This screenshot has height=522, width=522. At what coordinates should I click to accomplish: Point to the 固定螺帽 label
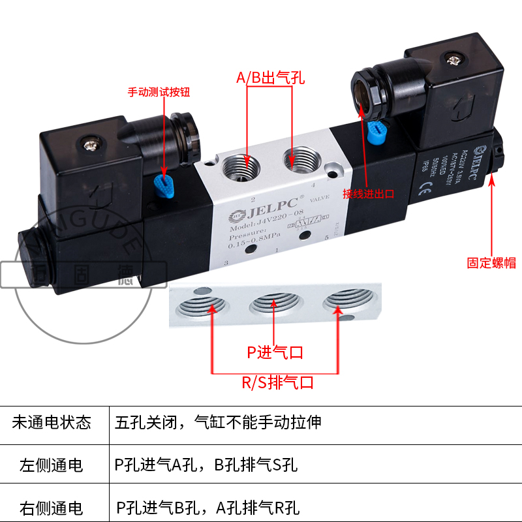pyautogui.click(x=491, y=263)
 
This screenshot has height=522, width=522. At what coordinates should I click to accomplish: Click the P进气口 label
pyautogui.click(x=275, y=353)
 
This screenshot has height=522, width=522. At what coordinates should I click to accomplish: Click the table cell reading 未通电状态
pyautogui.click(x=52, y=422)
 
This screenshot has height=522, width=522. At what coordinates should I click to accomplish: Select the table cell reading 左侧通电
pyautogui.click(x=52, y=465)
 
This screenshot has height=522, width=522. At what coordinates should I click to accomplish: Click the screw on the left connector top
pyautogui.click(x=90, y=139)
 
